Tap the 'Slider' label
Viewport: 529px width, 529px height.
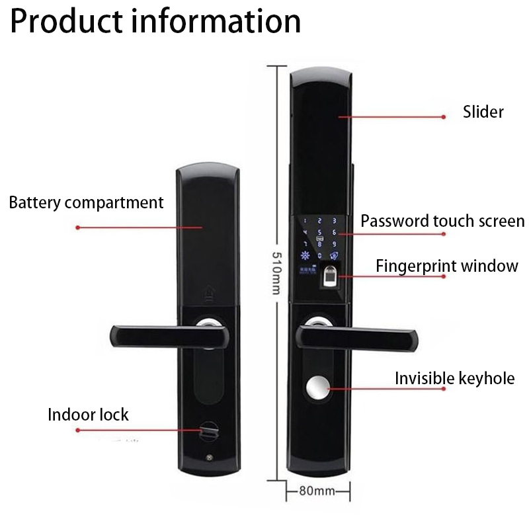(483, 112)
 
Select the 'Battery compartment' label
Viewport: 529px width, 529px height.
(86, 202)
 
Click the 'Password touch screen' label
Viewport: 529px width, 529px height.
(442, 221)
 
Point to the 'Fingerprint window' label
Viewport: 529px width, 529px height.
(447, 266)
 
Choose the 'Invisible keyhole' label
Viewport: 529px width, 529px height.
(454, 379)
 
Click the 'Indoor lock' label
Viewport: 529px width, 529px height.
(88, 415)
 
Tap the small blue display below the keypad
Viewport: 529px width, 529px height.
(307, 270)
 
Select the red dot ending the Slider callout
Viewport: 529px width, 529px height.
(444, 116)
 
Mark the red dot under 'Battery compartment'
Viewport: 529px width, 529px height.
(77, 227)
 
